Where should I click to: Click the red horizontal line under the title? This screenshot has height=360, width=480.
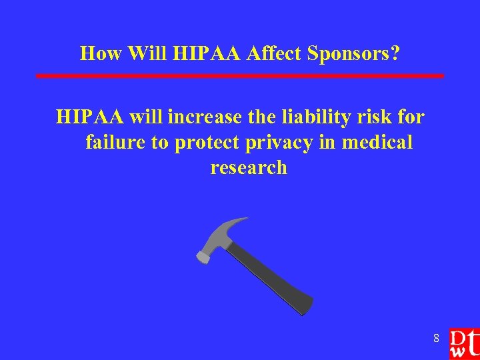click(x=239, y=76)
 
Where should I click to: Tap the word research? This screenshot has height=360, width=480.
click(x=249, y=167)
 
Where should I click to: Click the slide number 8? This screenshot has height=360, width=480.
click(x=436, y=339)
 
